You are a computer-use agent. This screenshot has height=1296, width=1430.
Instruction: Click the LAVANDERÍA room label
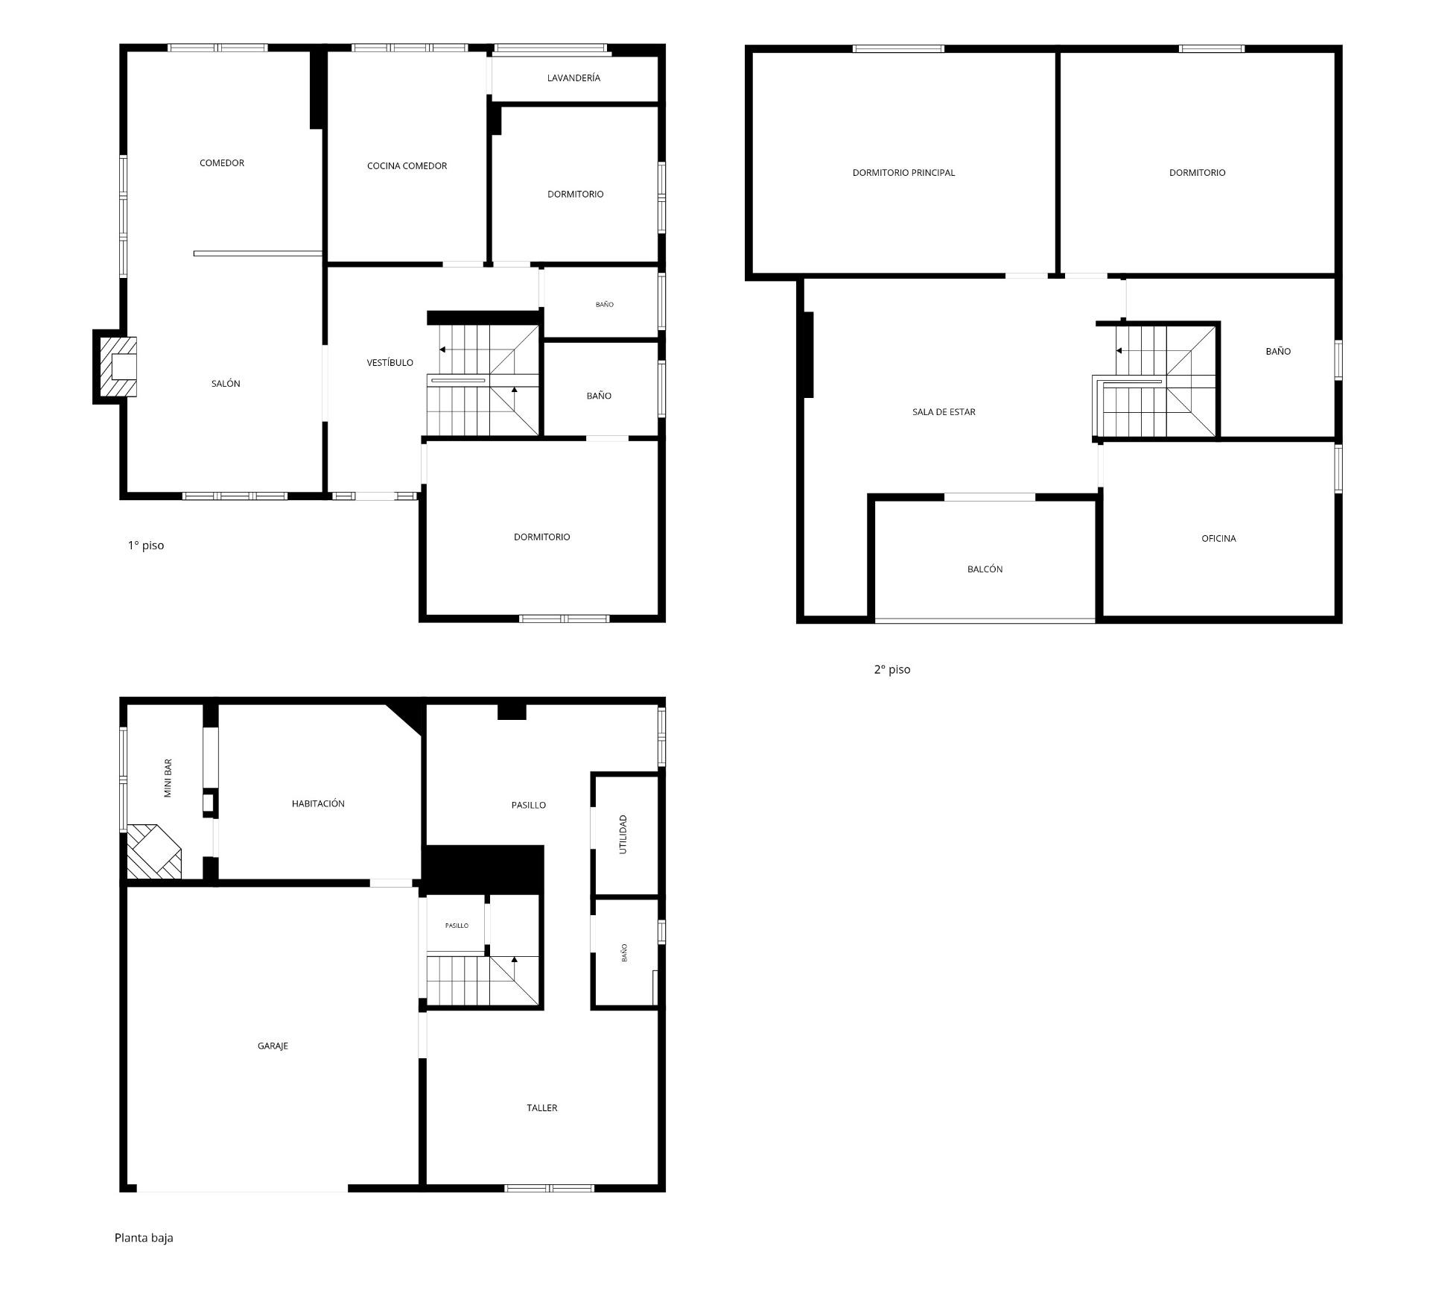[573, 78]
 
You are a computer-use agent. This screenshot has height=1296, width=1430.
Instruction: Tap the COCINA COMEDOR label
[407, 165]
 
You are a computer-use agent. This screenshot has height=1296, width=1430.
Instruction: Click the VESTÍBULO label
[390, 362]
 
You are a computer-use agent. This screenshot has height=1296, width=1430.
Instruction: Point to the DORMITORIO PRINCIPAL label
[903, 172]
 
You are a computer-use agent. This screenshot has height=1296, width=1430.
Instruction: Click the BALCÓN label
[985, 569]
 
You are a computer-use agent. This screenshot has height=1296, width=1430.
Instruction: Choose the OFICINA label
[1218, 538]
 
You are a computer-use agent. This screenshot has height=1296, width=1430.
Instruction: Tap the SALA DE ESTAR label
[944, 411]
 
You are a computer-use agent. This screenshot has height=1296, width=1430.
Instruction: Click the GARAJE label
[273, 1046]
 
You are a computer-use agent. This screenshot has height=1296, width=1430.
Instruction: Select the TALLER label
[542, 1107]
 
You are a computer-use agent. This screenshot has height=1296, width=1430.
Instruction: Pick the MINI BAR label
[168, 778]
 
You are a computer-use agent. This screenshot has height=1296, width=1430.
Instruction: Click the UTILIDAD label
[623, 834]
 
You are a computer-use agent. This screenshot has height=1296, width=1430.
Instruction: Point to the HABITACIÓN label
[318, 803]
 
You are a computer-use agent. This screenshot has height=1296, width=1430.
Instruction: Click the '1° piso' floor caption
[146, 545]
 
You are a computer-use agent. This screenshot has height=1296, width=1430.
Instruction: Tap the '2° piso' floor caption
[892, 669]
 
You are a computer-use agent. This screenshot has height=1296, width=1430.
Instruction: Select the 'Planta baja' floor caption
[144, 1237]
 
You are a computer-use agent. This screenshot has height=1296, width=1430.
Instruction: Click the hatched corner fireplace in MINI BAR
[153, 851]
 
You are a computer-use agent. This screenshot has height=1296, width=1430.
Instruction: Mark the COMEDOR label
[222, 162]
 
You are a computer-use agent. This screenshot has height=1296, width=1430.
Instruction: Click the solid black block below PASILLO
[483, 869]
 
